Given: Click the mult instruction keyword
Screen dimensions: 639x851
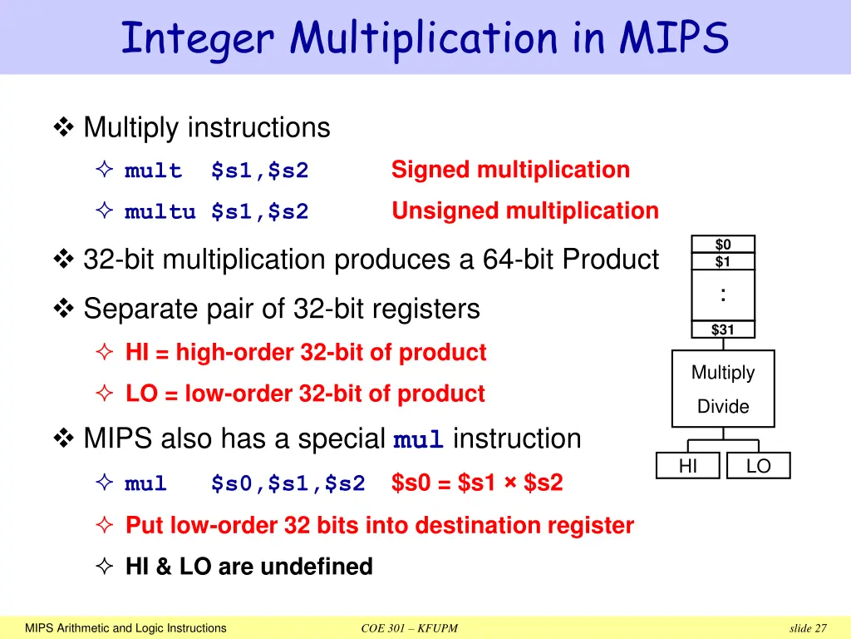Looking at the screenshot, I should (153, 171).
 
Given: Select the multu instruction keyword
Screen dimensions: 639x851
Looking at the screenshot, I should (160, 212).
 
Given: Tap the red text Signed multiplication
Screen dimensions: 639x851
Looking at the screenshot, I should (510, 170).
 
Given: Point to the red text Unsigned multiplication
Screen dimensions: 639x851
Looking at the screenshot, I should (524, 211).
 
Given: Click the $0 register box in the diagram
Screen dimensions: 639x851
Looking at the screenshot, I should (723, 245).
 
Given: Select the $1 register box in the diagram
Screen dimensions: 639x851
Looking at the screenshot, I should (723, 262).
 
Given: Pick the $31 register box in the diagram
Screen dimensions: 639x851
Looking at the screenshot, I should (723, 329).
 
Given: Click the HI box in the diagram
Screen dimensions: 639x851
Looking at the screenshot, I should (688, 467).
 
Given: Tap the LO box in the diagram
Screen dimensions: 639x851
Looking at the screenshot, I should (758, 467).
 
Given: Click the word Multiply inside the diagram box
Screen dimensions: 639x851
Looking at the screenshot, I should (723, 373).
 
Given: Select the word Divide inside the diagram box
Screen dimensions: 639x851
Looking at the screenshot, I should (723, 407).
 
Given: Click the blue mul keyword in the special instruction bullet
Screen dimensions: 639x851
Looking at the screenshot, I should (419, 440).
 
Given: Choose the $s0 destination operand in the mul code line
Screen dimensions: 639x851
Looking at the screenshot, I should (231, 483).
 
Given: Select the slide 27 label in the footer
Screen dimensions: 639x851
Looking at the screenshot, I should (808, 628).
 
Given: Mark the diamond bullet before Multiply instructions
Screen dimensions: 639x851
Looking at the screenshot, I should (63, 128).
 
